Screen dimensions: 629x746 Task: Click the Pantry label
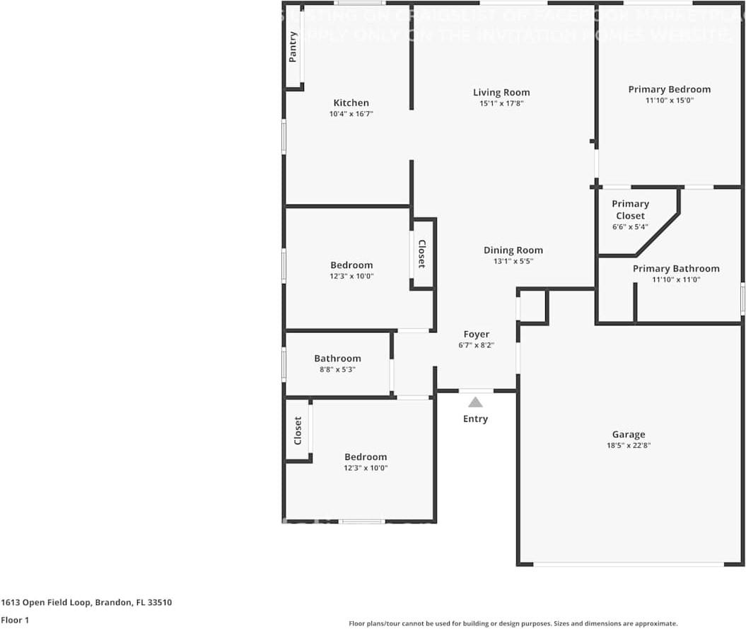click(293, 47)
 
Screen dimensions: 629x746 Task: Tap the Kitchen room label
click(351, 103)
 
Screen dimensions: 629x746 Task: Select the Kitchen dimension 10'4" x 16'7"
click(351, 114)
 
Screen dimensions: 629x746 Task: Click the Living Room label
click(501, 92)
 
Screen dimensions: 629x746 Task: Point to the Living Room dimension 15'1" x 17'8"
click(501, 103)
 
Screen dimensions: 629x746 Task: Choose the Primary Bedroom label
click(670, 89)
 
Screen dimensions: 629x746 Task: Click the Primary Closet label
click(630, 209)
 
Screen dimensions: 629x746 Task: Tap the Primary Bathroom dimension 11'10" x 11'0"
click(676, 280)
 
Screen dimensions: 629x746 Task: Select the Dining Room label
click(513, 250)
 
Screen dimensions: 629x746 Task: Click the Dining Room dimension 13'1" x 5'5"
click(513, 261)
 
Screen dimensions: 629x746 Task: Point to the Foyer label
click(476, 334)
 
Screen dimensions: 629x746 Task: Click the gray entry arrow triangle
click(476, 403)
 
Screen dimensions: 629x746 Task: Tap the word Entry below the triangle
click(475, 419)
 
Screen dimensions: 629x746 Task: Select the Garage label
click(629, 434)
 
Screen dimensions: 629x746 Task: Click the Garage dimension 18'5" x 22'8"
click(629, 446)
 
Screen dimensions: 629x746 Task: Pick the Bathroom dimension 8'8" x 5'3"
click(337, 369)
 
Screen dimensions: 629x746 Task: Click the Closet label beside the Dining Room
click(421, 254)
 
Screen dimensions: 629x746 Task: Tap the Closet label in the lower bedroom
click(298, 430)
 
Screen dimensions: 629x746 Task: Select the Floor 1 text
click(14, 620)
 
